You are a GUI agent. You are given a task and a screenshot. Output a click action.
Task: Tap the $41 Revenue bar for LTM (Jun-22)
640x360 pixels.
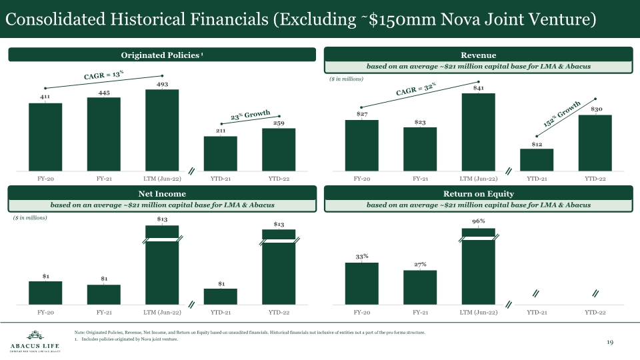pos(479,131)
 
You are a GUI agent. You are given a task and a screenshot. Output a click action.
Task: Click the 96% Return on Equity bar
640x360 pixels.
pos(479,267)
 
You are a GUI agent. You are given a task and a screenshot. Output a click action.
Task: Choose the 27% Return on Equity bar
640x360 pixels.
pos(420,287)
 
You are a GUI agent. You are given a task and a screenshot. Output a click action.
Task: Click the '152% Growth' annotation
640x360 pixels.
pos(563,113)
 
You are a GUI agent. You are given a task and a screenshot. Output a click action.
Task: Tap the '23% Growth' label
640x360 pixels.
pos(250,115)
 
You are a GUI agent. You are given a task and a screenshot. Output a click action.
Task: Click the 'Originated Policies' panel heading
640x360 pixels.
pos(161,54)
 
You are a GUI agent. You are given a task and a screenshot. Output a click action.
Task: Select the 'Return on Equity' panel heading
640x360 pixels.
pos(478,193)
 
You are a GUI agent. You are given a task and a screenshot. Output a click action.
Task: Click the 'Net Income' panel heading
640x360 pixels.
pos(161,193)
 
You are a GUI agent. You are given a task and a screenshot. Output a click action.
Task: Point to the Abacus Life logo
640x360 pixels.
pos(34,341)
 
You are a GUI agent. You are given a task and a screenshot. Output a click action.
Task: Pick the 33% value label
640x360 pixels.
pos(361,256)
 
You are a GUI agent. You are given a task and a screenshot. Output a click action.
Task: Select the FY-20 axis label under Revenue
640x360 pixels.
pos(361,179)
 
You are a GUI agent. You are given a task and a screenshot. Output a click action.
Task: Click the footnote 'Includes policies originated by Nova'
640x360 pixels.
pos(129,340)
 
